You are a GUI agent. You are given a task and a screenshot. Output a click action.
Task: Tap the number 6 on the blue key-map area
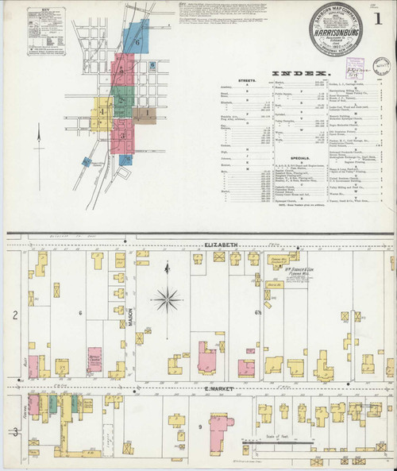137,42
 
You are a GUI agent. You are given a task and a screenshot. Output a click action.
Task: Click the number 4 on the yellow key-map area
102,111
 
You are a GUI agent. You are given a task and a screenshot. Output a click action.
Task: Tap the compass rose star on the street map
167,299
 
